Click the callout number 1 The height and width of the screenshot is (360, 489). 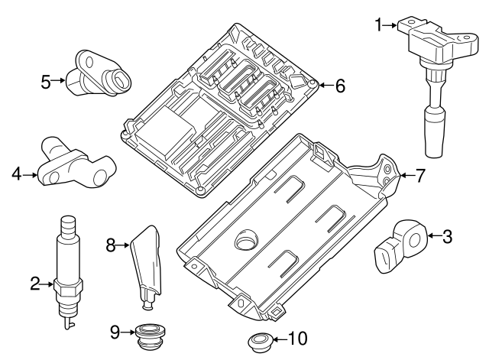click(x=379, y=25)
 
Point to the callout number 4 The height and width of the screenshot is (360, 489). click(x=16, y=175)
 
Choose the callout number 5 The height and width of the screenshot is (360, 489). click(x=46, y=79)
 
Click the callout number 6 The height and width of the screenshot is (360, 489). click(x=340, y=86)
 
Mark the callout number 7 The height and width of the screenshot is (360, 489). click(x=419, y=175)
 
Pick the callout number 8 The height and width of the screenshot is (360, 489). click(x=110, y=245)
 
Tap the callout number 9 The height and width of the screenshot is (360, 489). click(x=115, y=332)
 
